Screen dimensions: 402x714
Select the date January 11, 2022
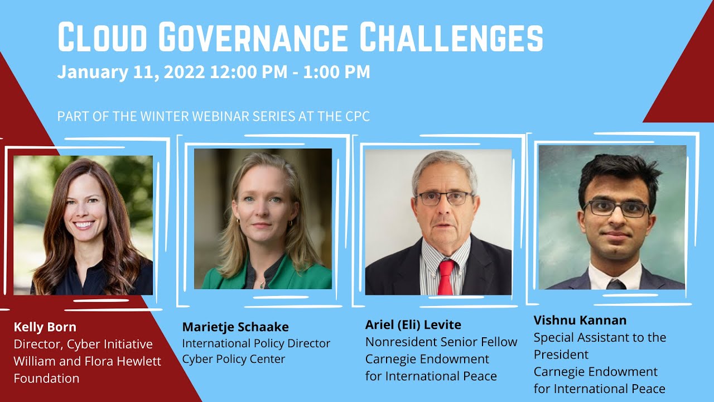[131, 72]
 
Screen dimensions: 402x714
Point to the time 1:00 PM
[336, 72]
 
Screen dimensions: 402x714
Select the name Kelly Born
[45, 327]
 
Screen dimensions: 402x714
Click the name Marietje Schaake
[235, 327]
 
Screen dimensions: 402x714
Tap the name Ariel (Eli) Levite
[413, 325]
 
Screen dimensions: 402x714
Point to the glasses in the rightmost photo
[616, 209]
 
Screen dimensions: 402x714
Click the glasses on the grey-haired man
[445, 198]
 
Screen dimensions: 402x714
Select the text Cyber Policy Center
[234, 359]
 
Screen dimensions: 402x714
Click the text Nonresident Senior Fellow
[441, 342]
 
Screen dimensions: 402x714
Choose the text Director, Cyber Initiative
[83, 344]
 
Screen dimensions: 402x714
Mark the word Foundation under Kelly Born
[46, 379]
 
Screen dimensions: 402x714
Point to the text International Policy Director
[256, 343]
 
